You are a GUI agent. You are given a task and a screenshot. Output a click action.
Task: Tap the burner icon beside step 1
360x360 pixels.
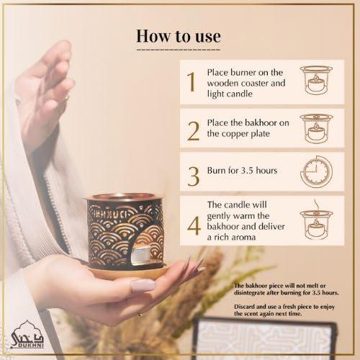tap(316, 83)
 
